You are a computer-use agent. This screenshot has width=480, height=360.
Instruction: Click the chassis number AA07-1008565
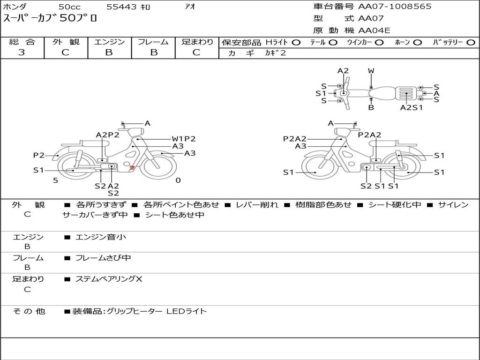[x=395, y=7]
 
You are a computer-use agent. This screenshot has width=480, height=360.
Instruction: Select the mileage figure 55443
[x=121, y=7]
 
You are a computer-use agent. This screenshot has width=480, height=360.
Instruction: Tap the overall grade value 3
[x=22, y=52]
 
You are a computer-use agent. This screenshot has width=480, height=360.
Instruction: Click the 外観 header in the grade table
[x=66, y=42]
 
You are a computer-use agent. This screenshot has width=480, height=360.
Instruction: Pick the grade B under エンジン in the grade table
[x=109, y=52]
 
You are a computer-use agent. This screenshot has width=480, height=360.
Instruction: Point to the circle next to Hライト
[x=296, y=43]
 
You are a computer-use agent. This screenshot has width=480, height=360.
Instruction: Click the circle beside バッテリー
[x=471, y=43]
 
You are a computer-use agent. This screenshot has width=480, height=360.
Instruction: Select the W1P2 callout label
[x=184, y=139]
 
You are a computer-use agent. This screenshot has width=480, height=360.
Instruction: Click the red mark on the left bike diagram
[x=132, y=167]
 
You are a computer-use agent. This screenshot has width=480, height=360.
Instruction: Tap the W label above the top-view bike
[x=371, y=71]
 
